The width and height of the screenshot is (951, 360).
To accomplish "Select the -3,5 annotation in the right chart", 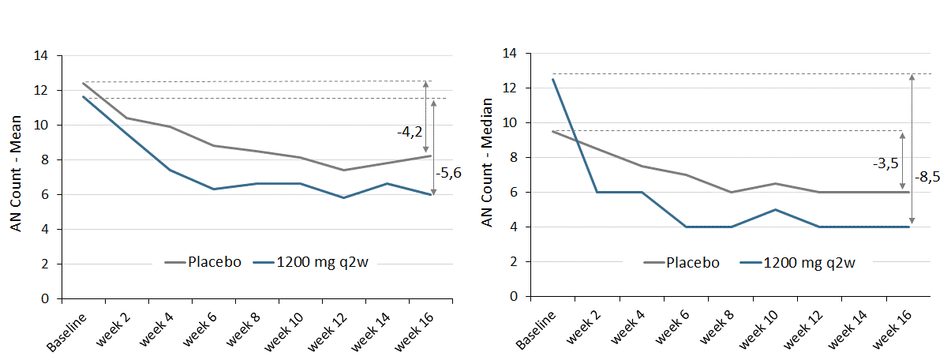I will (884, 164).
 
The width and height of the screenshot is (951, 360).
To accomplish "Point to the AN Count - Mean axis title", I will (17, 178).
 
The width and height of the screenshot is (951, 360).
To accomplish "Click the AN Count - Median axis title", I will (487, 163).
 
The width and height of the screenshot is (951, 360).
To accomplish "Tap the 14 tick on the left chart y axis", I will (40, 56).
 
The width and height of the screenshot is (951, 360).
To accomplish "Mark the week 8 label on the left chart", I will (243, 329).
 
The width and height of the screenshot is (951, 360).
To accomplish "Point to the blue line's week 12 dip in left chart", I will (343, 198).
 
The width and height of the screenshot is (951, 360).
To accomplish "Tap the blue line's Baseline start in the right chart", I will (552, 79).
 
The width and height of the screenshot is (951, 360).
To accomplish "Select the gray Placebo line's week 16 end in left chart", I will (430, 156).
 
